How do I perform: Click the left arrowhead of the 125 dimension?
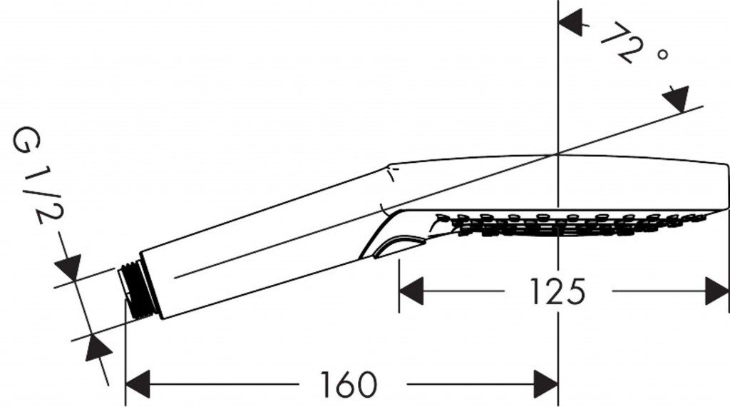pos(411,291)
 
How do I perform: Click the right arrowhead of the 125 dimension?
pos(716,291)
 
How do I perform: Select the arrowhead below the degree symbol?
pos(676,99)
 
